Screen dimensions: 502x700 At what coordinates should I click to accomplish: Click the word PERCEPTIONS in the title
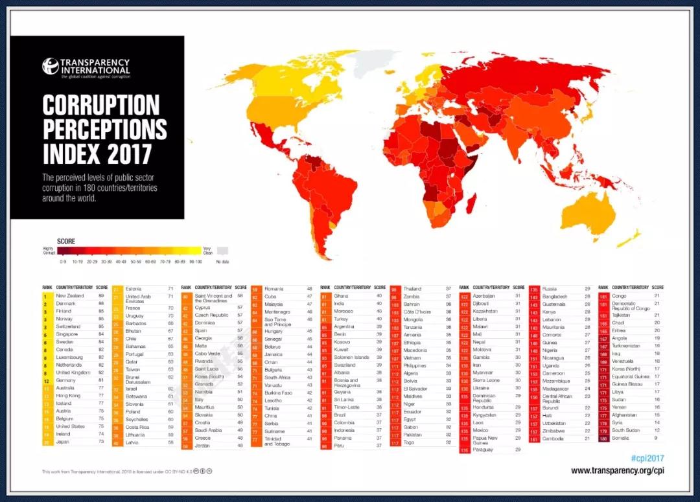[x=104, y=129]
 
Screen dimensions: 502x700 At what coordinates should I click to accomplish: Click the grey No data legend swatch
[x=222, y=251]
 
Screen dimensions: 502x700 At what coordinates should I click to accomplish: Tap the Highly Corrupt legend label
[x=48, y=250]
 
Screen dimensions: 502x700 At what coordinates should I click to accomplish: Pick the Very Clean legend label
[x=207, y=250]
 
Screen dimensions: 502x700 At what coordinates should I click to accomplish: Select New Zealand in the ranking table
[x=69, y=295]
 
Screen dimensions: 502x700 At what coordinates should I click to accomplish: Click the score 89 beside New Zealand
[x=101, y=295]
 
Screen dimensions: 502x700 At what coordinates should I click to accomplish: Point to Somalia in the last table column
[x=621, y=438]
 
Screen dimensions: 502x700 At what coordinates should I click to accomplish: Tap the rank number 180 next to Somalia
[x=603, y=438]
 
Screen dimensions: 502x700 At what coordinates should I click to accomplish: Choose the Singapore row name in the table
[x=67, y=334]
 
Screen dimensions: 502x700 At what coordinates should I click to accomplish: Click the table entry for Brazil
[x=340, y=415]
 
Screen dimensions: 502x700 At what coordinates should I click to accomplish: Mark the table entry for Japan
[x=62, y=442]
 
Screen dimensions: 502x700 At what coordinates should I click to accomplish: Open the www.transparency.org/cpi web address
[x=617, y=471]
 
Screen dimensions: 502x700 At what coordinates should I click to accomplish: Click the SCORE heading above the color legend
[x=65, y=242]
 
